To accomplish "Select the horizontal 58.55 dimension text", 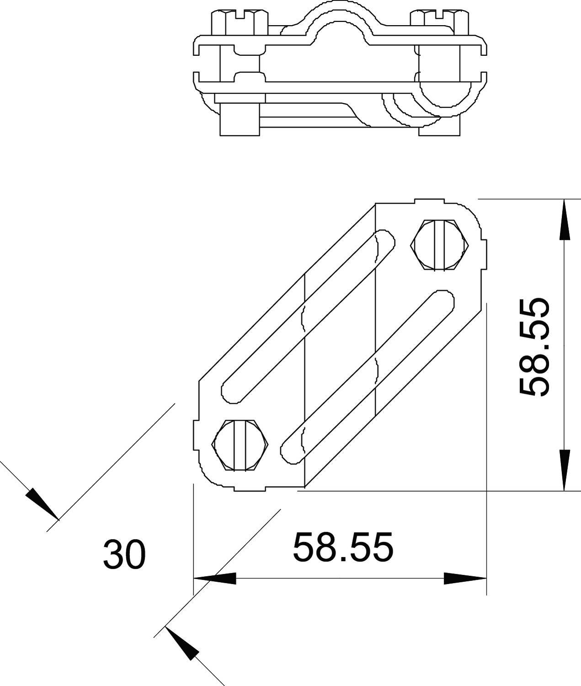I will (x=342, y=547).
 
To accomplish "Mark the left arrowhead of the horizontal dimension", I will (x=215, y=578).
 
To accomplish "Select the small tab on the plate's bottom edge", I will (x=250, y=488).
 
